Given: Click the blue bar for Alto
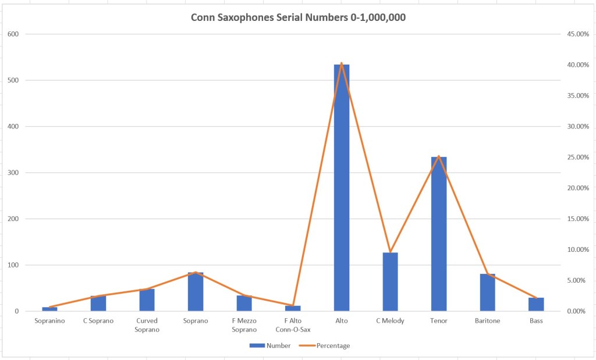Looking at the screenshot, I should (342, 192).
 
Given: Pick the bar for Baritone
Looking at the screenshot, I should (487, 294).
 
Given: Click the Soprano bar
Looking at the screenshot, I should (196, 293).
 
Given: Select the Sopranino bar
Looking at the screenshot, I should (49, 309).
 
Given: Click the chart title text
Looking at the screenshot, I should (298, 17).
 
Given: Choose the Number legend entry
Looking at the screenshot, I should (270, 345).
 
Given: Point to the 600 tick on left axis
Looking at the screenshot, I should (13, 34).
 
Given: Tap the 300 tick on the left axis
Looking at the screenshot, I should (13, 173).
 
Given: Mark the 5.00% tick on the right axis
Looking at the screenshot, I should (576, 280).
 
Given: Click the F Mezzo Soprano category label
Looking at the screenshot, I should (244, 325).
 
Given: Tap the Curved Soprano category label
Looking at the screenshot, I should (147, 325).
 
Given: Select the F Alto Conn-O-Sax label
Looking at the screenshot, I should (293, 325).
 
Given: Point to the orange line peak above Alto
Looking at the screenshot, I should (342, 63).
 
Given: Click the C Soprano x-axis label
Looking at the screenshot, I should (98, 320).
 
